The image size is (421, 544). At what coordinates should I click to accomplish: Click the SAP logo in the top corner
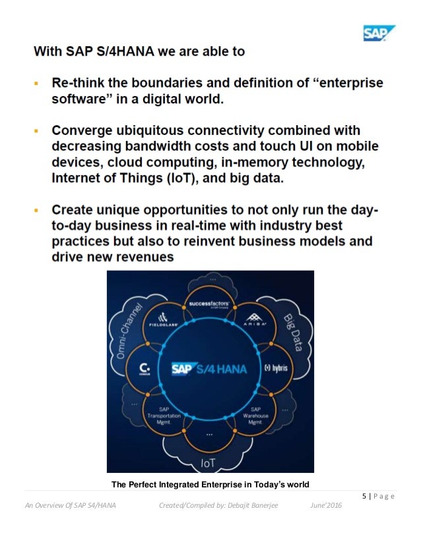(378, 32)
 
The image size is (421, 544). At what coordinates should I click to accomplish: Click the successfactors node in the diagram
(210, 306)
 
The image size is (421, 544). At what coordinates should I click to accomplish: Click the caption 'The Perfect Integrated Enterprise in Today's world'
(210, 485)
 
